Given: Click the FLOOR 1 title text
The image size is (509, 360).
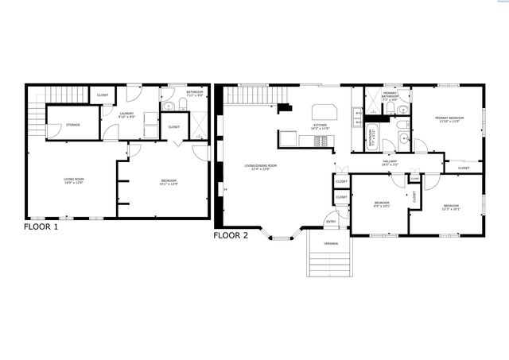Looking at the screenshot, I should click(x=41, y=226).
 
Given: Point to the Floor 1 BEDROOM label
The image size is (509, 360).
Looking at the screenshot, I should click(x=169, y=182).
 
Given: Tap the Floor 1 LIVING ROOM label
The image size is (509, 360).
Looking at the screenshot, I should click(x=73, y=180).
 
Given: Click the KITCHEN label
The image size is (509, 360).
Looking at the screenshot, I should click(x=320, y=126).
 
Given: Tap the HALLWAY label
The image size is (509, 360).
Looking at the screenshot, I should click(x=390, y=162).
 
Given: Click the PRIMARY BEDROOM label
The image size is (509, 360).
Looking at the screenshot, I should click(x=449, y=119).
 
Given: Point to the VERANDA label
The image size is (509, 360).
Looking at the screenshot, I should click(x=330, y=243).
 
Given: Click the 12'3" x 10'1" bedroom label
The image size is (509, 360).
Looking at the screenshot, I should click(x=451, y=207).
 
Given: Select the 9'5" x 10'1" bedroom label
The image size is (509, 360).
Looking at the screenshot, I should click(x=383, y=204).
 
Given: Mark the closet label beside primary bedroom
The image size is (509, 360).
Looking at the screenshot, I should click(x=463, y=168).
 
